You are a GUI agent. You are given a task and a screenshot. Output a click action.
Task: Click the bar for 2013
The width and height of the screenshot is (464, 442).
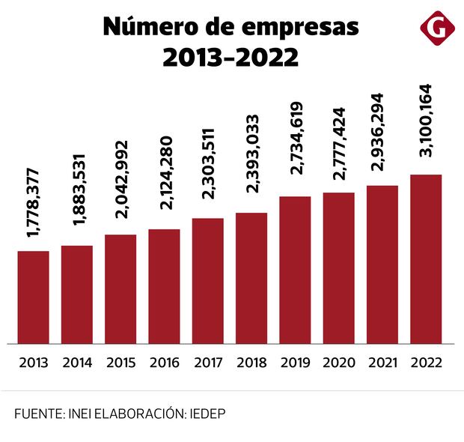(33, 297)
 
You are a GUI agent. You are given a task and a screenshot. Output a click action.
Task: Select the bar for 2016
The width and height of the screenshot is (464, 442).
(164, 286)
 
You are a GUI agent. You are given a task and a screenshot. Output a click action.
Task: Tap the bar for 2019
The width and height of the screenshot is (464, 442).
(295, 270)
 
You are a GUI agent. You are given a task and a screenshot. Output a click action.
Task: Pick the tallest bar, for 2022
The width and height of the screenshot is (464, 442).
(426, 259)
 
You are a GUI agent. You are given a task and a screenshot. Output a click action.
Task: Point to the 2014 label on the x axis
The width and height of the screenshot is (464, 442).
(77, 363)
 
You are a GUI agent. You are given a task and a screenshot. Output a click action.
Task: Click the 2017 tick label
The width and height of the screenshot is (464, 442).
(208, 363)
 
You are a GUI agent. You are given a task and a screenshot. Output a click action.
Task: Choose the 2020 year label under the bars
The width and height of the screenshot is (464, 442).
(338, 363)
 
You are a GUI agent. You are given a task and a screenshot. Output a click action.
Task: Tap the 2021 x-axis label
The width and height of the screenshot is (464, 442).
(382, 363)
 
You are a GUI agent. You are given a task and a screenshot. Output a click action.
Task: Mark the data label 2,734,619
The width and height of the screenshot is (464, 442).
(296, 145)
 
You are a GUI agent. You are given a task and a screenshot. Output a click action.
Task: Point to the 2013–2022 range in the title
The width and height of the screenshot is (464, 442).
(231, 57)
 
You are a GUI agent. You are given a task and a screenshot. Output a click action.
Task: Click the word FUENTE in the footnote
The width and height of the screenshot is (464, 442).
(35, 414)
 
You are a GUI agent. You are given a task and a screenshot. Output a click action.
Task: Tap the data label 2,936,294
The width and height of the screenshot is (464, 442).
(383, 136)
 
